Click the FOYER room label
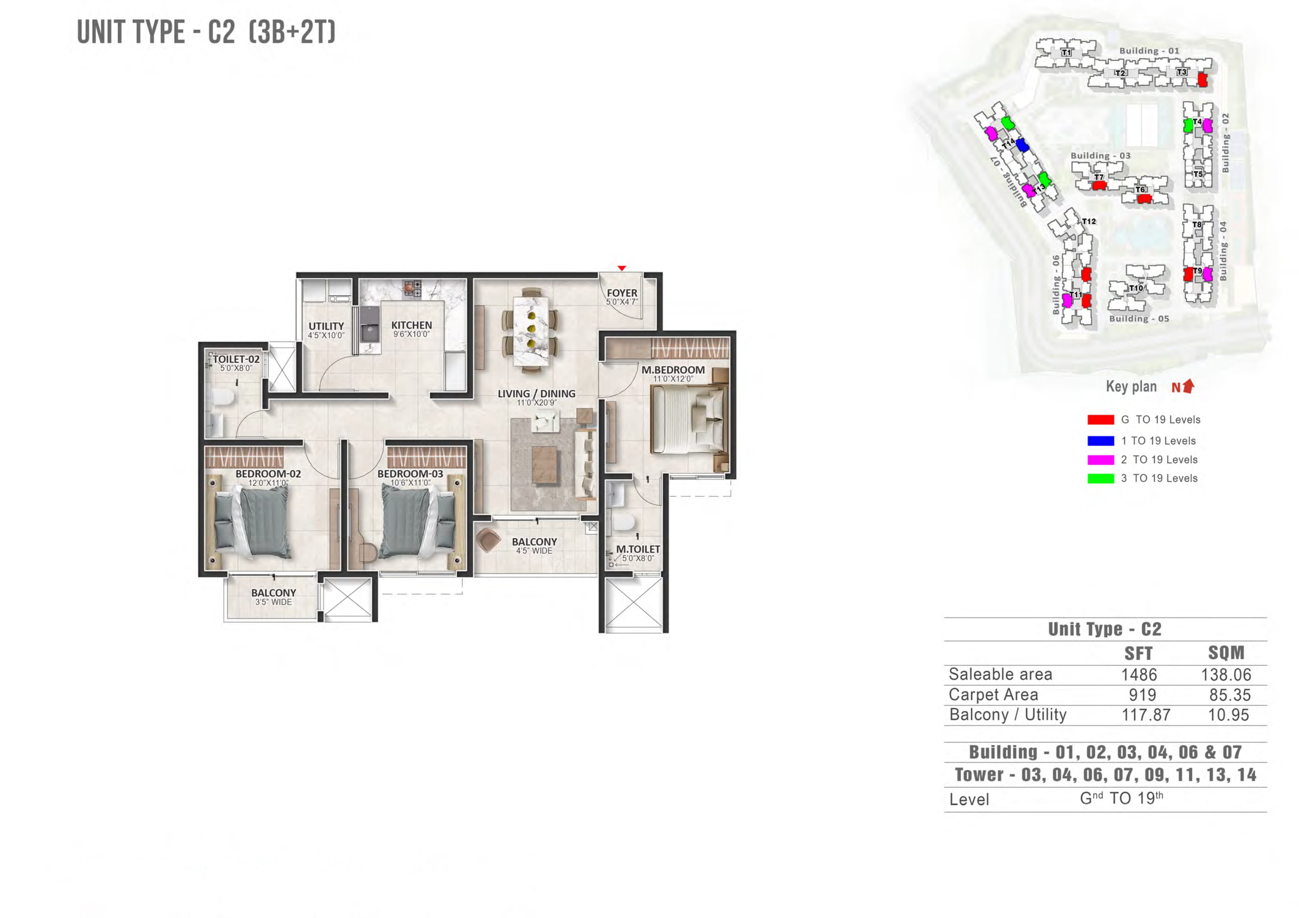(x=622, y=293)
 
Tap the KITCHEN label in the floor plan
(x=411, y=325)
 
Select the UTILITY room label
(x=326, y=327)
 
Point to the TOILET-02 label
(x=236, y=359)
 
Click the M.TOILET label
(x=638, y=549)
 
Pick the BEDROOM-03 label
(x=410, y=474)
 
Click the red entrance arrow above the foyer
(x=622, y=268)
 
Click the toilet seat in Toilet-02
(x=223, y=397)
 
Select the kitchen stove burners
(x=412, y=288)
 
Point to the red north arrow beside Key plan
(x=1188, y=386)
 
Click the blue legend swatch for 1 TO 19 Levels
(x=1100, y=441)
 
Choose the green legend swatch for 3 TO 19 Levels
(x=1100, y=478)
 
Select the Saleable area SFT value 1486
(x=1139, y=675)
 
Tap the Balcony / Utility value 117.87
(x=1146, y=715)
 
